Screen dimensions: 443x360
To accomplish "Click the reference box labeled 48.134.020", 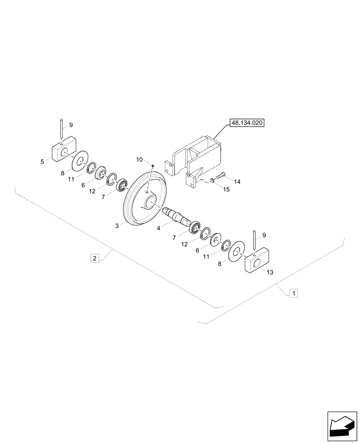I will tap(247, 123).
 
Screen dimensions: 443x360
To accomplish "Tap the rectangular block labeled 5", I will tap(64, 150).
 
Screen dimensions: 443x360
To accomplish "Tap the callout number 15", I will tap(227, 190).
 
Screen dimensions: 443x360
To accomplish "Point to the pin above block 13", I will tap(254, 242).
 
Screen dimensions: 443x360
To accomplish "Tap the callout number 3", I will tap(117, 225).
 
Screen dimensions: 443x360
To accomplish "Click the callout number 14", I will tap(237, 182).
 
